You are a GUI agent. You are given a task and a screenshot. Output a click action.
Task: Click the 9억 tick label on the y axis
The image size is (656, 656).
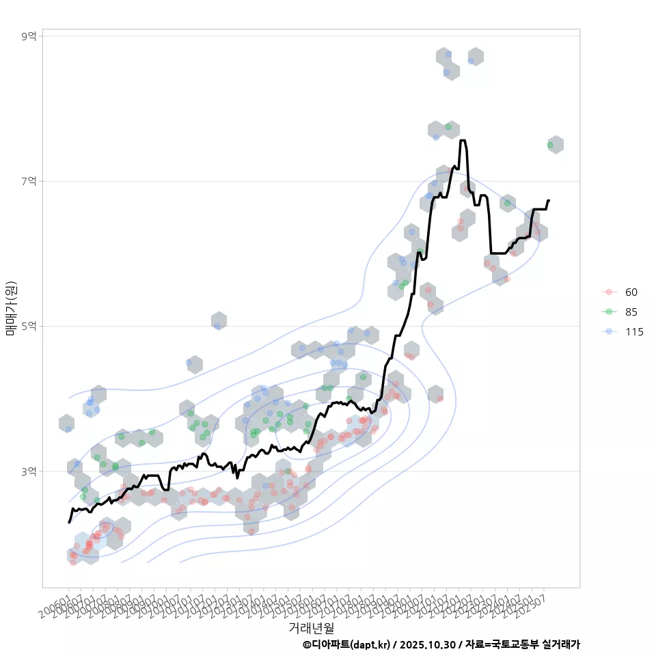[x=29, y=36]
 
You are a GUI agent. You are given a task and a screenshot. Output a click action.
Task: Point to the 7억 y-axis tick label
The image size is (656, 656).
[x=29, y=181]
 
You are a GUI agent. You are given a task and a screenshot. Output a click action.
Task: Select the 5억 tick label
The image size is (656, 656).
[x=29, y=326]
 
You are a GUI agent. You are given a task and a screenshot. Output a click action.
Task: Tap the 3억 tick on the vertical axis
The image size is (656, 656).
[x=29, y=471]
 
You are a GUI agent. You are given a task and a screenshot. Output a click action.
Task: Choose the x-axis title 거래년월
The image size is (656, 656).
[x=311, y=627]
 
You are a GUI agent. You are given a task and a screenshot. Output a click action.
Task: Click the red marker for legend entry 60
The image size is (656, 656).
[x=609, y=292]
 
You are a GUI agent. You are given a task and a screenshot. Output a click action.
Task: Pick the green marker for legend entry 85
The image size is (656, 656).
[x=609, y=312]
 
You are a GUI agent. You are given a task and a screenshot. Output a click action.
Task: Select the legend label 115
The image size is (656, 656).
[x=633, y=332]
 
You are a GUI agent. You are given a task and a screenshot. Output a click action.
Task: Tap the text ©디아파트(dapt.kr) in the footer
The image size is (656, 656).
[x=346, y=644]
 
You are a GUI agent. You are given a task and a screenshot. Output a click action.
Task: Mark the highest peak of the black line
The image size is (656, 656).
[x=463, y=141]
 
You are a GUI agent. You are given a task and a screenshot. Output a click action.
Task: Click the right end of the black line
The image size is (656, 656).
[x=549, y=200]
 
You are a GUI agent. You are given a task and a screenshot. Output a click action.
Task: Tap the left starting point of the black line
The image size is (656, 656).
[x=68, y=523]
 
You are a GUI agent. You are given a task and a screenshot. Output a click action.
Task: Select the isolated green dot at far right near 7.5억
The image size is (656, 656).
[x=550, y=145]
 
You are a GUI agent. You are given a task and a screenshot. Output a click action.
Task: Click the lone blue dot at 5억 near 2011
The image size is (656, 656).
[x=217, y=326]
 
